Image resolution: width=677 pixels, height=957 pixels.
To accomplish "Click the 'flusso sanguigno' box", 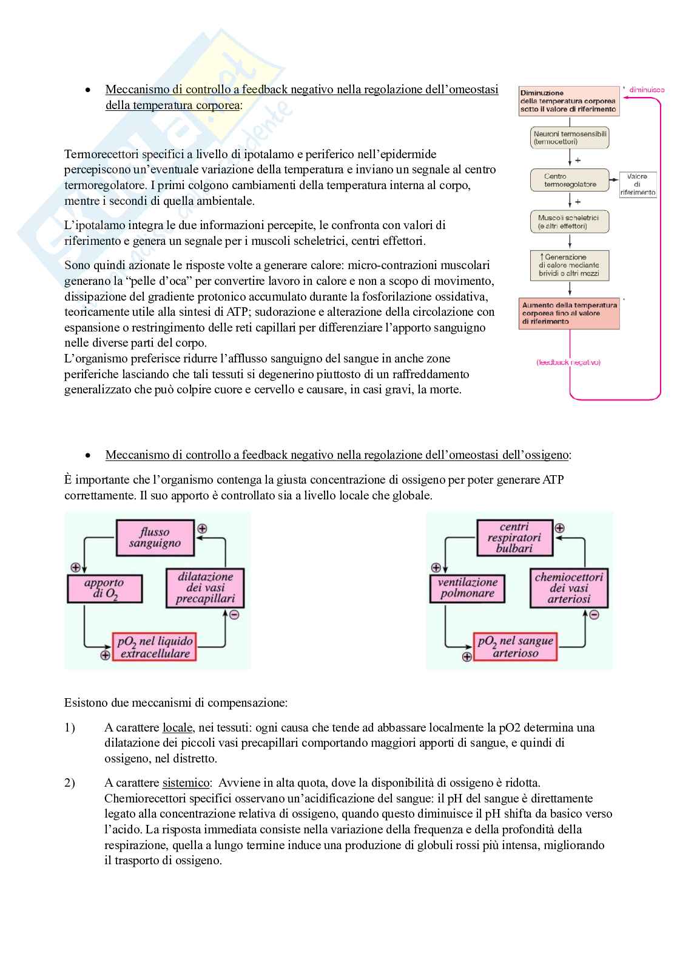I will click(x=155, y=538).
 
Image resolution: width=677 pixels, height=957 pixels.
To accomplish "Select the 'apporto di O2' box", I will click(x=104, y=589).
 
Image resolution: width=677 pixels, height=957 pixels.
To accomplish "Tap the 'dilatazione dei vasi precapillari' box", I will click(x=205, y=588).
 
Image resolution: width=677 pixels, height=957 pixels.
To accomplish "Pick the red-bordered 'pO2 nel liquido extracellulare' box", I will click(x=154, y=647).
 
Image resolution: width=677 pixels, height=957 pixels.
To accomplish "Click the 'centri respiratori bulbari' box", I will click(x=514, y=538).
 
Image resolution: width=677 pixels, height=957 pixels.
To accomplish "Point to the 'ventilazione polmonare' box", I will click(x=467, y=588).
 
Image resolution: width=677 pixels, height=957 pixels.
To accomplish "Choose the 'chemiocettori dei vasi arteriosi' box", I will click(x=568, y=588).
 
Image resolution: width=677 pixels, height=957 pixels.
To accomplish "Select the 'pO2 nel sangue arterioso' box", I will click(x=515, y=647).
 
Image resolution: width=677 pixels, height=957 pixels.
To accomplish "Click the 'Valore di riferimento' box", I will click(x=637, y=184).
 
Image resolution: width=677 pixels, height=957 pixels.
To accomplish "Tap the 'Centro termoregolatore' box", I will click(x=570, y=180).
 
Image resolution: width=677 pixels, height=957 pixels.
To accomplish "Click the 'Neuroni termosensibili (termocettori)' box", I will click(x=570, y=138).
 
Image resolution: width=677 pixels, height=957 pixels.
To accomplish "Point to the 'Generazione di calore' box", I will click(x=569, y=265).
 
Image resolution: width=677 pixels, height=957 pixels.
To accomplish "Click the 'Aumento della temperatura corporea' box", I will click(x=569, y=313).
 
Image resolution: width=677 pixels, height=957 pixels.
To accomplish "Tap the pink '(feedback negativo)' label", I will click(x=568, y=362).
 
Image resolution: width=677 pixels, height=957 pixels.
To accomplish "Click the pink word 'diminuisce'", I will click(x=647, y=90).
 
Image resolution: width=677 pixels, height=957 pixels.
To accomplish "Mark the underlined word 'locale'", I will click(x=177, y=727).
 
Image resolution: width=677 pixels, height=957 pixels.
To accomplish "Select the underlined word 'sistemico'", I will click(x=186, y=782).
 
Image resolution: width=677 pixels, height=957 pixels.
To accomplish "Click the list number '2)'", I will click(x=70, y=782).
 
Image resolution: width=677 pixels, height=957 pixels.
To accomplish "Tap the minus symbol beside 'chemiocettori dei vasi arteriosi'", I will click(x=594, y=615).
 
